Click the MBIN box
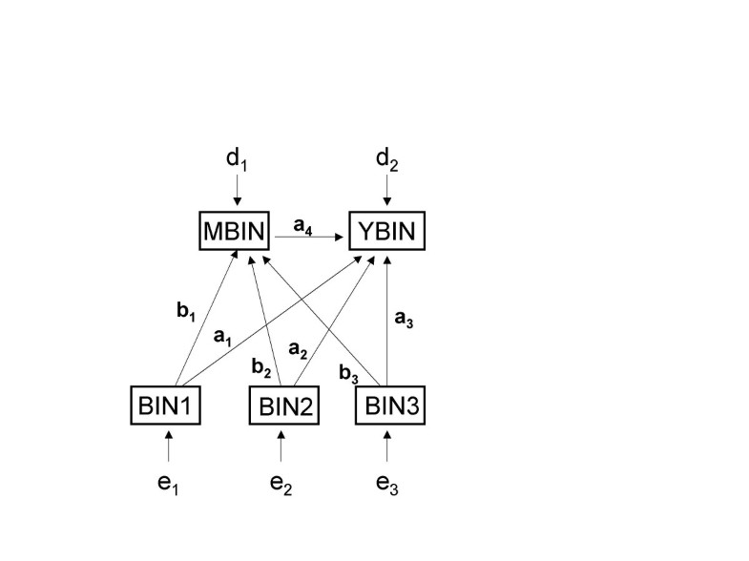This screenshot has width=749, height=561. click(x=235, y=231)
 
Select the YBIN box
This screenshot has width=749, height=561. click(x=386, y=231)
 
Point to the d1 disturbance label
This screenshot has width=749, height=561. click(x=236, y=159)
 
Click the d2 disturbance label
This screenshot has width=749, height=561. click(x=386, y=159)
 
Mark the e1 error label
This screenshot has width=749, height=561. click(x=169, y=485)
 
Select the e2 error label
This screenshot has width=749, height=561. click(x=281, y=485)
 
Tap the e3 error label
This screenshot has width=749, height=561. click(x=386, y=485)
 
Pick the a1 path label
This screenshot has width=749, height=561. click(x=222, y=337)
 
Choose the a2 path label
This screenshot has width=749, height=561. click(x=297, y=349)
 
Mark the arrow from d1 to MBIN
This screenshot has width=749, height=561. click(x=236, y=192)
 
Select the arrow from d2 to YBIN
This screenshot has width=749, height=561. click(x=386, y=192)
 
